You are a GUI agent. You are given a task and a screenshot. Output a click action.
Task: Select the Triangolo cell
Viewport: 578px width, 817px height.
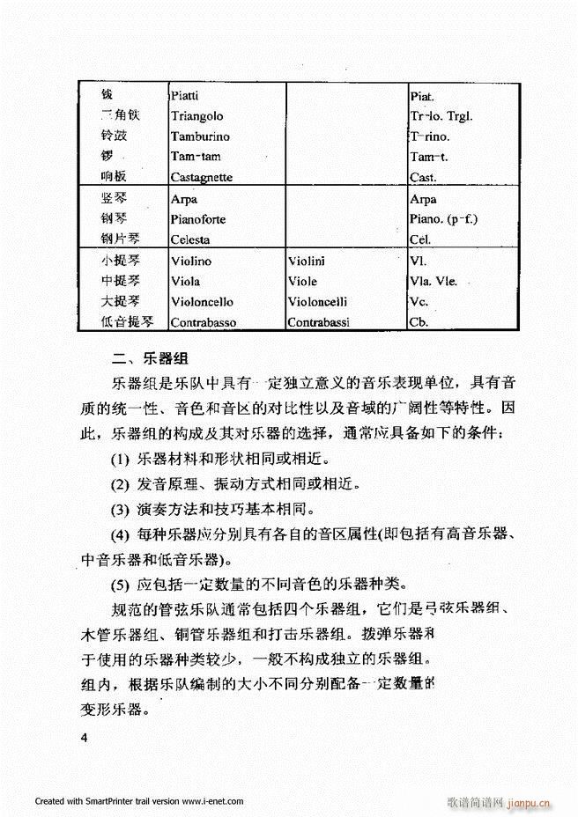tap(196, 116)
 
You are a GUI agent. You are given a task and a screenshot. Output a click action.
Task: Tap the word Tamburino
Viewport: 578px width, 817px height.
tap(200, 136)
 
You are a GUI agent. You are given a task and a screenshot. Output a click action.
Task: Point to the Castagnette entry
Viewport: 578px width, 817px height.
tap(202, 178)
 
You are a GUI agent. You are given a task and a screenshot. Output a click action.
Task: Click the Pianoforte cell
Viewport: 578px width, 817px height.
tap(200, 219)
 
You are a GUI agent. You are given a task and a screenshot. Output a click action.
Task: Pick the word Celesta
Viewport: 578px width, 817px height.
tap(190, 239)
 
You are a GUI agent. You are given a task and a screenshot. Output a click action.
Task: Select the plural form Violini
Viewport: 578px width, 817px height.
tap(307, 261)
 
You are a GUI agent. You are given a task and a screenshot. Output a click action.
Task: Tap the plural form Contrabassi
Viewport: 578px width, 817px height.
tap(318, 322)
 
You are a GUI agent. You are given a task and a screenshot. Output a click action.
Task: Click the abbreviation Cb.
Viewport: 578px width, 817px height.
tap(419, 322)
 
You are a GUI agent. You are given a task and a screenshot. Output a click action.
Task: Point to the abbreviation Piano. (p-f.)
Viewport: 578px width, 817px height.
tap(449, 219)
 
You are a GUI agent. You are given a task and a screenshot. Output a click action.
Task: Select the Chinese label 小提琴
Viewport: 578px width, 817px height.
tap(120, 261)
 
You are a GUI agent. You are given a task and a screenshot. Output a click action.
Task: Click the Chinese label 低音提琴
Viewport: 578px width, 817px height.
tap(127, 322)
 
